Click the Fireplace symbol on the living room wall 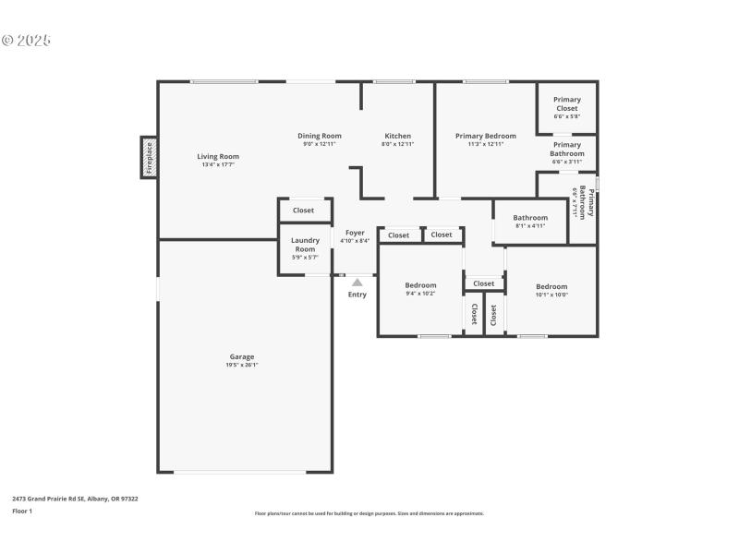click(x=148, y=158)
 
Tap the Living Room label click(x=218, y=156)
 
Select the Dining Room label click(x=319, y=136)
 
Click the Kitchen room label click(x=397, y=136)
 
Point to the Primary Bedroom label click(x=485, y=136)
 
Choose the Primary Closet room click(x=566, y=104)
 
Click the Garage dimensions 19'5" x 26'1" click(x=242, y=366)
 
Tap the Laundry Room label click(x=305, y=245)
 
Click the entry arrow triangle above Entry click(x=357, y=283)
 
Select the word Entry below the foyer click(x=357, y=295)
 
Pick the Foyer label click(x=355, y=233)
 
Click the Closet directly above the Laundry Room click(x=303, y=211)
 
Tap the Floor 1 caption click(x=22, y=511)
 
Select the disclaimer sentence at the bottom click(x=369, y=513)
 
